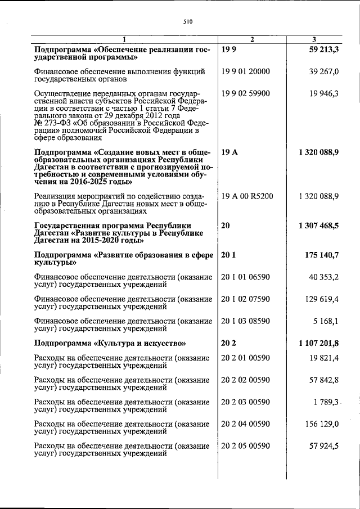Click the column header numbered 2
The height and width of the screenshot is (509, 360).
tap(252, 39)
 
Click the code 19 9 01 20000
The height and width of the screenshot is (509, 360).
tap(246, 71)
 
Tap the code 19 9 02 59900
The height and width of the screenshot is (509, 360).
tap(246, 93)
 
